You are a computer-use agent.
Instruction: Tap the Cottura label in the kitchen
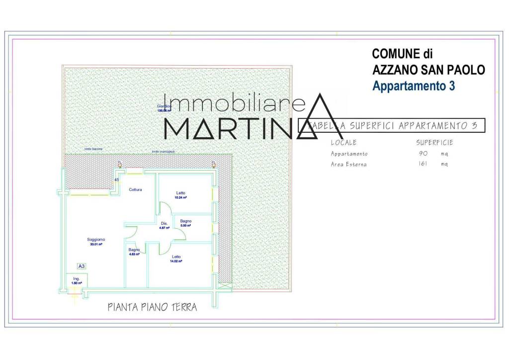136,190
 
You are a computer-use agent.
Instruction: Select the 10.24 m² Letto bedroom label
180,193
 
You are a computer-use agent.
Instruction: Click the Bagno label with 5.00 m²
186,221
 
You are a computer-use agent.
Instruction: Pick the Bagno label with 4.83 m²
134,250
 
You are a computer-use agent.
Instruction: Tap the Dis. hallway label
164,223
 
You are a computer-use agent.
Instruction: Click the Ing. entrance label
76,279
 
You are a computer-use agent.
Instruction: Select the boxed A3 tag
82,267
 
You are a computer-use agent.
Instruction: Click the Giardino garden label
164,106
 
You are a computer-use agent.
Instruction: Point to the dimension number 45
117,180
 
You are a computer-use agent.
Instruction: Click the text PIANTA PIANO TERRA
152,307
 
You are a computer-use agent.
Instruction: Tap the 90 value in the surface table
424,154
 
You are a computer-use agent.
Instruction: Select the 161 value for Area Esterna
423,164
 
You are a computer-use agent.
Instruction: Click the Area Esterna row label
348,164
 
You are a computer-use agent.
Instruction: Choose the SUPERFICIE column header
434,143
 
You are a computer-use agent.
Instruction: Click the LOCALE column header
343,143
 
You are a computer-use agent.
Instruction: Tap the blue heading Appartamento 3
414,86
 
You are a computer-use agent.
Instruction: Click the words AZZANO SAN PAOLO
428,70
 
